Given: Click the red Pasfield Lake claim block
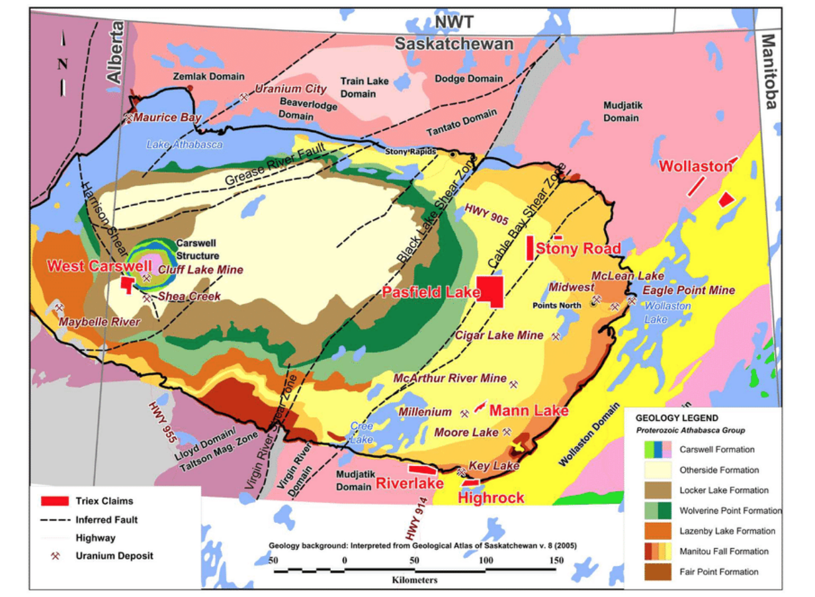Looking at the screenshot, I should pyautogui.click(x=490, y=291).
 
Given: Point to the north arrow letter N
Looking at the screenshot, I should pyautogui.click(x=63, y=64).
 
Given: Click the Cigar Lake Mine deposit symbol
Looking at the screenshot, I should pyautogui.click(x=556, y=336).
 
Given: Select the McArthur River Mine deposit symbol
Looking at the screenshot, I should pyautogui.click(x=514, y=383).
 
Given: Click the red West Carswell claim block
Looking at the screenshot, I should pyautogui.click(x=126, y=285).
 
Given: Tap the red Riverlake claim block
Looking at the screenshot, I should pyautogui.click(x=422, y=469).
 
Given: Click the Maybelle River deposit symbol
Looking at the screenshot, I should pyautogui.click(x=60, y=308).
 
